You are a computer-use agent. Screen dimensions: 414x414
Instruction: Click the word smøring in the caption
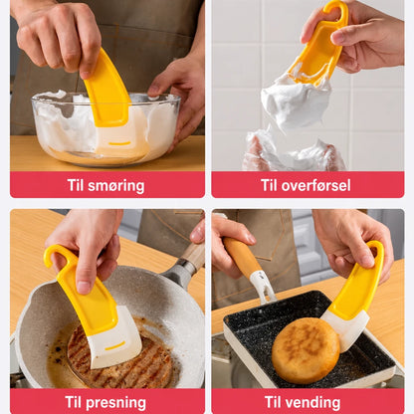tap(116, 186)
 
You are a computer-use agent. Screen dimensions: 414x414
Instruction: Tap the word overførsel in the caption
tap(315, 185)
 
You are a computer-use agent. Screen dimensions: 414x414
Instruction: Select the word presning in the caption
tap(115, 403)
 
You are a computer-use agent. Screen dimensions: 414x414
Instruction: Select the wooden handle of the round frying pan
tap(193, 256)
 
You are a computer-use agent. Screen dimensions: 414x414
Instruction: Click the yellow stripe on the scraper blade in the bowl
tap(119, 143)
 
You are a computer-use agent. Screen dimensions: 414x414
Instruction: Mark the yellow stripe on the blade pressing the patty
tap(115, 346)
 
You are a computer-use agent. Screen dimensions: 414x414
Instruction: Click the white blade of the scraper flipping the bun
tap(345, 329)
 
